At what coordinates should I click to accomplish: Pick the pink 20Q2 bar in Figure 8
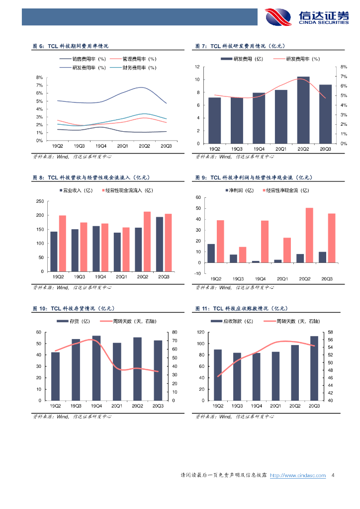click(x=147, y=242)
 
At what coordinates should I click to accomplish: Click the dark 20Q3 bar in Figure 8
click(x=159, y=244)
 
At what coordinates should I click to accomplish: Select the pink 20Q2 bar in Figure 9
click(x=309, y=235)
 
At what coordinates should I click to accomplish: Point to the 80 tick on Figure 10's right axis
click(x=175, y=332)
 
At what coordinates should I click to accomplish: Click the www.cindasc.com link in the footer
click(x=298, y=476)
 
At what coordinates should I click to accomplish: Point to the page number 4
click(x=333, y=476)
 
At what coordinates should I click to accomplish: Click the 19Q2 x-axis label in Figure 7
click(x=215, y=149)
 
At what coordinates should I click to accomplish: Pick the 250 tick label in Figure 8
click(x=38, y=201)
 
